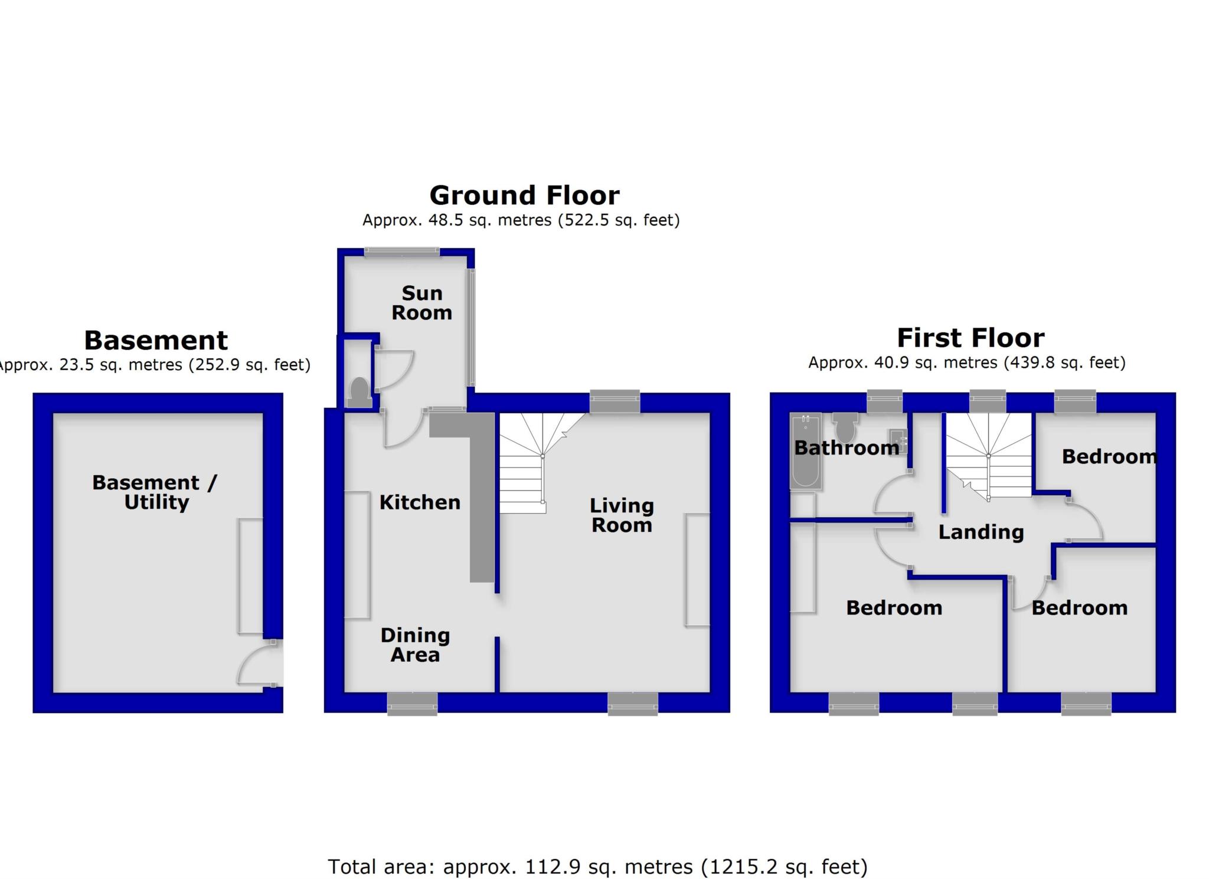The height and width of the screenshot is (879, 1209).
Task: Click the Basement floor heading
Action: (156, 340)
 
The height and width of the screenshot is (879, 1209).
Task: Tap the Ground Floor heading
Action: (524, 195)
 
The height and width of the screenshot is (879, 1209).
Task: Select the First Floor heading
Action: (971, 338)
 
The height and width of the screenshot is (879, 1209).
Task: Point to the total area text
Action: (597, 867)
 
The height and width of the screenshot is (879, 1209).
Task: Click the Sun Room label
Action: (421, 303)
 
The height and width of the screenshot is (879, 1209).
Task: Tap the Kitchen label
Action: (420, 502)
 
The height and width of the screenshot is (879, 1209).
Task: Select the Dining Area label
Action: (415, 645)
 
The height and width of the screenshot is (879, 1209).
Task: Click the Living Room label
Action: (622, 515)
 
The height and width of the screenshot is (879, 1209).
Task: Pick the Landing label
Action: (981, 532)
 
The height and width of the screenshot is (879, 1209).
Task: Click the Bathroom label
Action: (847, 448)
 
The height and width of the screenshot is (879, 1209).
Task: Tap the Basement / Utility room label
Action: (156, 492)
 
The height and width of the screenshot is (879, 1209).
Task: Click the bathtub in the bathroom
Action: (805, 452)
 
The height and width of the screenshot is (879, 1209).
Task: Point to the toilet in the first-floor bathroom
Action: (845, 426)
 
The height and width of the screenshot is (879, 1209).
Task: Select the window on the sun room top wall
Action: (402, 252)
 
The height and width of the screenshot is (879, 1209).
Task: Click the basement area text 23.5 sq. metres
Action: (155, 365)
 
